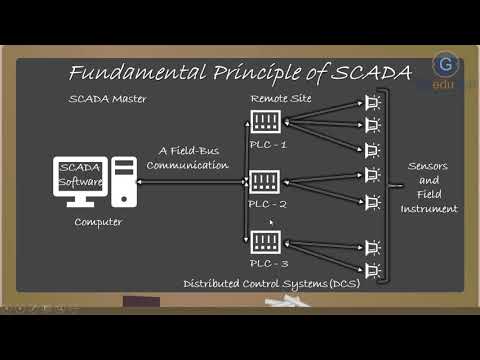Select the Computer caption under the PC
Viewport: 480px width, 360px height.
(x=98, y=222)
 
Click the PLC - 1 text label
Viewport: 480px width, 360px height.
(x=267, y=145)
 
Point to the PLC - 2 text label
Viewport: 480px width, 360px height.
(x=267, y=204)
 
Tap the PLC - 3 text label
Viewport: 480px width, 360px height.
(x=267, y=263)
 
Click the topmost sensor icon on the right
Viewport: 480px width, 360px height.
(x=371, y=103)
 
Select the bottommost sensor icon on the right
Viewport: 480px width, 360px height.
(x=371, y=269)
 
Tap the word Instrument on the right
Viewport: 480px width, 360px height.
(x=429, y=209)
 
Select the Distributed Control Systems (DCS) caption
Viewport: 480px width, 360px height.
(x=269, y=285)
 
